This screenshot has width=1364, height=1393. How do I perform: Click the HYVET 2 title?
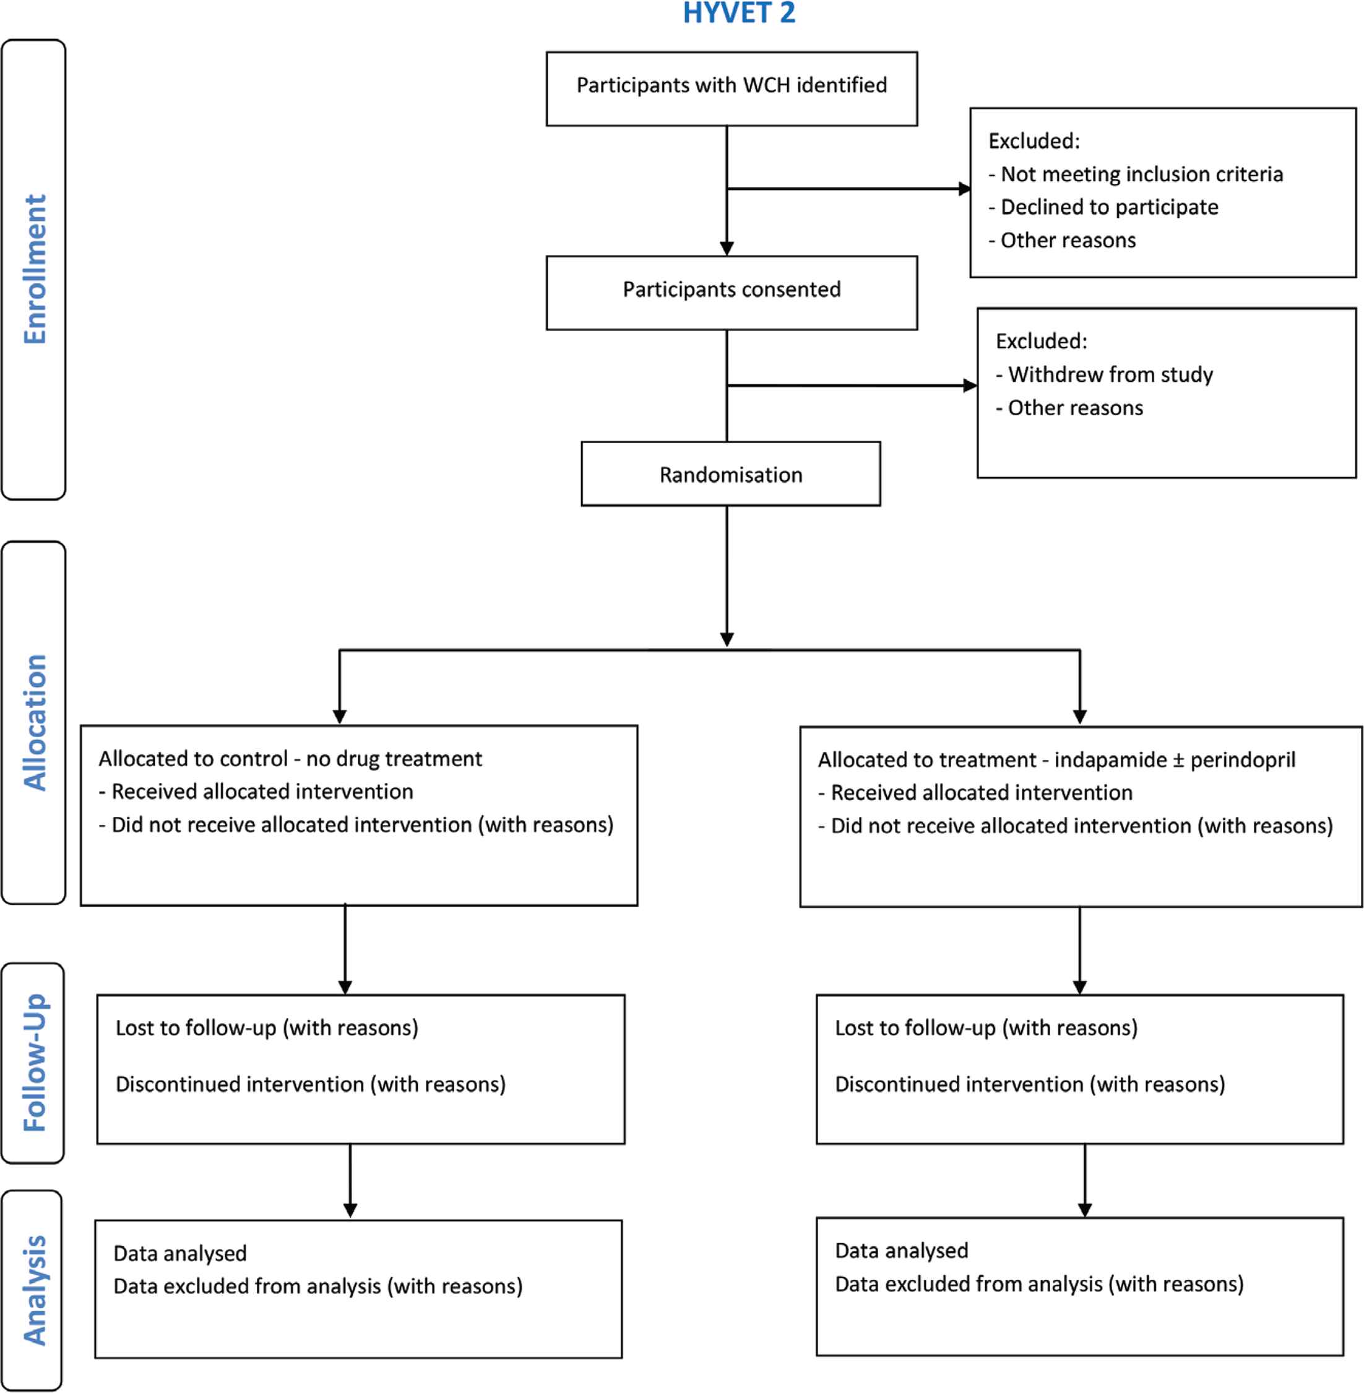pyautogui.click(x=738, y=13)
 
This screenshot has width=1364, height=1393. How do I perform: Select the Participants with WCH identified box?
pyautogui.click(x=732, y=89)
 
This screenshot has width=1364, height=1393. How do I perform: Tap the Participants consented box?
pyautogui.click(x=732, y=293)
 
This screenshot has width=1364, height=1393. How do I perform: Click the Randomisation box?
pyautogui.click(x=731, y=473)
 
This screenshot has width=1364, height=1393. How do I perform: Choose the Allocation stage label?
pyautogui.click(x=35, y=723)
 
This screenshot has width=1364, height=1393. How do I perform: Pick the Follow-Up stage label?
pyautogui.click(x=35, y=1063)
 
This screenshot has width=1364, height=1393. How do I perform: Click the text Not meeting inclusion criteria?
pyautogui.click(x=1141, y=174)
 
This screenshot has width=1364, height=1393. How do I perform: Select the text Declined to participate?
pyautogui.click(x=1109, y=207)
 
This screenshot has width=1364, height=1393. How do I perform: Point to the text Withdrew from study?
pyautogui.click(x=1110, y=374)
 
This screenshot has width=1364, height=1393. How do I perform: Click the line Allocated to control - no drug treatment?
pyautogui.click(x=290, y=759)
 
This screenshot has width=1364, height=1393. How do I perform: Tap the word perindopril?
pyautogui.click(x=1242, y=760)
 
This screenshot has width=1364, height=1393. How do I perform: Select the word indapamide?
pyautogui.click(x=1110, y=760)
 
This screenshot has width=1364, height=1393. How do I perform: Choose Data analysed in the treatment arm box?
pyautogui.click(x=901, y=1251)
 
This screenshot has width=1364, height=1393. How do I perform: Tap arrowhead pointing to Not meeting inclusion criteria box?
pyautogui.click(x=965, y=189)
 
